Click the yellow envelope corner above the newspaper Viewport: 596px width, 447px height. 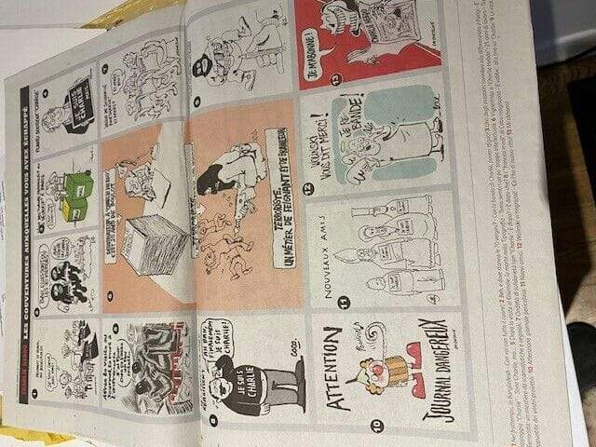coord(140,9)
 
